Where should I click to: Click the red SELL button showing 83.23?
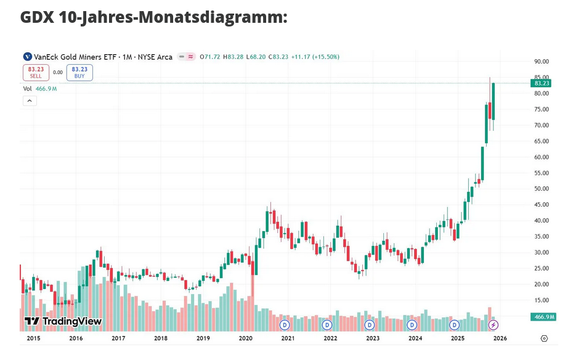click(36, 73)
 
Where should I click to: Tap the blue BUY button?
click(79, 73)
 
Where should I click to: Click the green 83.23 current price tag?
click(542, 83)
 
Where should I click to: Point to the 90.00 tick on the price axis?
click(542, 62)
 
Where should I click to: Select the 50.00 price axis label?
click(542, 189)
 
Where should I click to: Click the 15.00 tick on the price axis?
click(542, 300)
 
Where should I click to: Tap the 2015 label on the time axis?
click(33, 338)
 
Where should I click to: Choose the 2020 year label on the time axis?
click(246, 338)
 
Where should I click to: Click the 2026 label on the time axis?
click(500, 338)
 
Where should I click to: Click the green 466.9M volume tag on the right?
click(543, 317)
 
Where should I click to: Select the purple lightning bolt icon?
click(494, 324)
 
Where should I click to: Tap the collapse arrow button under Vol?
click(30, 101)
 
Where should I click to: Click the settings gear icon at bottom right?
click(544, 338)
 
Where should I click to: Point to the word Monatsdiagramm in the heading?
click(213, 17)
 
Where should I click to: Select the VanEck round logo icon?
click(26, 57)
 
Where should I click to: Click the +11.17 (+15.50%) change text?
click(315, 57)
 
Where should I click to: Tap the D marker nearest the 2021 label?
click(285, 324)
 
